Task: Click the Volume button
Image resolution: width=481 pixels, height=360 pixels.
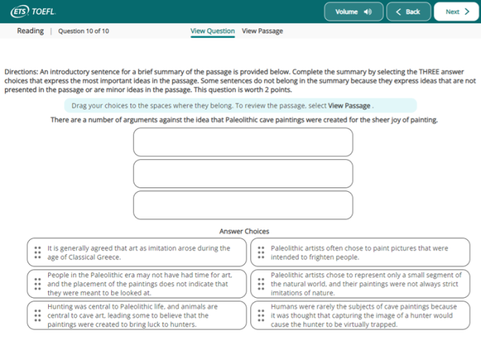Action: tap(353, 12)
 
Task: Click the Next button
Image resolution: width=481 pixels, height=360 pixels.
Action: tap(456, 12)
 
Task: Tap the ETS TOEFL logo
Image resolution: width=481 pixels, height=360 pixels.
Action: tap(33, 12)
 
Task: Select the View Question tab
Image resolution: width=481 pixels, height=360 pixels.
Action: tap(212, 31)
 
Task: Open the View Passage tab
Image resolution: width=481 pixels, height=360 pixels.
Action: tap(262, 31)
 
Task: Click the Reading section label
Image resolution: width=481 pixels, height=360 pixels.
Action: tap(30, 31)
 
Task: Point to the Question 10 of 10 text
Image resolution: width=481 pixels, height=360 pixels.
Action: tap(84, 31)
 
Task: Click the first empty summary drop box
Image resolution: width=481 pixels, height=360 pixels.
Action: tap(243, 142)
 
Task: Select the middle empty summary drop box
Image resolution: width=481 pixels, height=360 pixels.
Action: tap(243, 173)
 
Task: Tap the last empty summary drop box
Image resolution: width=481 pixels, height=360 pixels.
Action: tap(243, 205)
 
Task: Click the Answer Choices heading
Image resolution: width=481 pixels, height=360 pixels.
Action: tap(244, 231)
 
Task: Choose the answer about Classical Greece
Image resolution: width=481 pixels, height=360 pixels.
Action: tap(137, 253)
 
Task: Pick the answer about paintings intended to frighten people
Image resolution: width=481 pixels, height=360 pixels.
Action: tap(360, 253)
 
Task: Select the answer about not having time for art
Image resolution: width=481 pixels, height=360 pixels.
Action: tap(137, 284)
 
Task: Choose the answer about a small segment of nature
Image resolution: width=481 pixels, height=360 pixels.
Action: tap(360, 284)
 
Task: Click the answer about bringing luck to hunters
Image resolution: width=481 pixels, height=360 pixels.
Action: tap(137, 315)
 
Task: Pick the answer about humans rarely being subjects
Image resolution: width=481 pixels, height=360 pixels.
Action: tap(360, 315)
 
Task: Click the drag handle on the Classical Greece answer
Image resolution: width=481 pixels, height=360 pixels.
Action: tap(38, 253)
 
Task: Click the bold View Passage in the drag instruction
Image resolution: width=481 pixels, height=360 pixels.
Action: tap(349, 106)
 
